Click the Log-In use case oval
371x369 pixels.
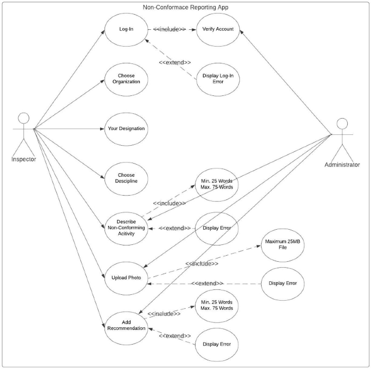126,29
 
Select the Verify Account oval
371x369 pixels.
217,29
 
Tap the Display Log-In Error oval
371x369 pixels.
217,79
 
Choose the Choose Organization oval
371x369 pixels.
126,79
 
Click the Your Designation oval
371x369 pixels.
126,128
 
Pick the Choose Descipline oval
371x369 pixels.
126,178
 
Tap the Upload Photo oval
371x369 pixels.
126,277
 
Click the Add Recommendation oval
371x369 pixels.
126,325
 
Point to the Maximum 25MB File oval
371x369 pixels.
283,245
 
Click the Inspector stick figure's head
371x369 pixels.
23,118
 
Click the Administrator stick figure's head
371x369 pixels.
342,123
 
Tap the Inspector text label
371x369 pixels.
23,159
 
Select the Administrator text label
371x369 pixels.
342,164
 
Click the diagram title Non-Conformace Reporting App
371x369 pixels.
186,7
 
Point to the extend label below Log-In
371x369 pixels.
174,62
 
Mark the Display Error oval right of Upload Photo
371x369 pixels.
283,283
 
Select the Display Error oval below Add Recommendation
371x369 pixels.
217,344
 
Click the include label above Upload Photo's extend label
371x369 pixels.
201,263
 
